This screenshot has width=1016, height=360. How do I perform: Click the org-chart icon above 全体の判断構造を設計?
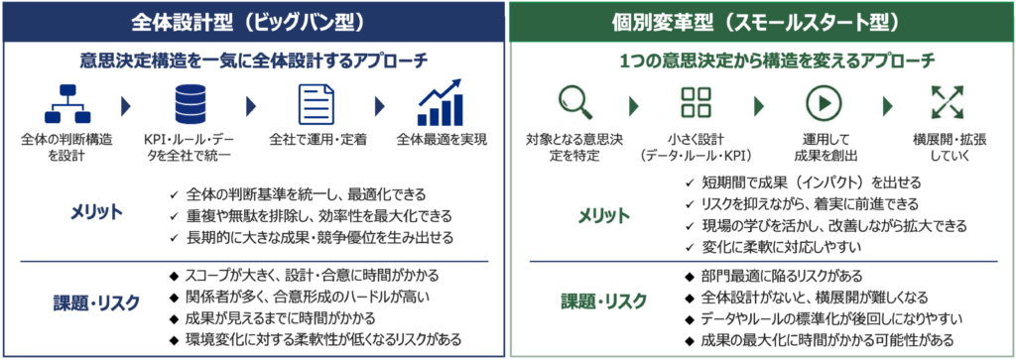66,103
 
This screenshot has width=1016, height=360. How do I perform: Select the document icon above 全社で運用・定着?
317,103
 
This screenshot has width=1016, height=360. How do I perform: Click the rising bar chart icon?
440,102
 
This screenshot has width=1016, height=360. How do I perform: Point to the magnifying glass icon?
575,103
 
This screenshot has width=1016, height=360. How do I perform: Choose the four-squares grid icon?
696,102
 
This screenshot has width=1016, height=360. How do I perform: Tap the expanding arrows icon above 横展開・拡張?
947,102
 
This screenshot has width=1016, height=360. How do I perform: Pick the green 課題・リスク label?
603,300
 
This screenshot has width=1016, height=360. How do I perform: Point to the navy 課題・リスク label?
96,301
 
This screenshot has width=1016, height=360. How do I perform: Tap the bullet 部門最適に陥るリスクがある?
774,277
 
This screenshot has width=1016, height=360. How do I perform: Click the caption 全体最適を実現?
441,139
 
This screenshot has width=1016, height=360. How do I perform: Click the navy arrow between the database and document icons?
252,104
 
